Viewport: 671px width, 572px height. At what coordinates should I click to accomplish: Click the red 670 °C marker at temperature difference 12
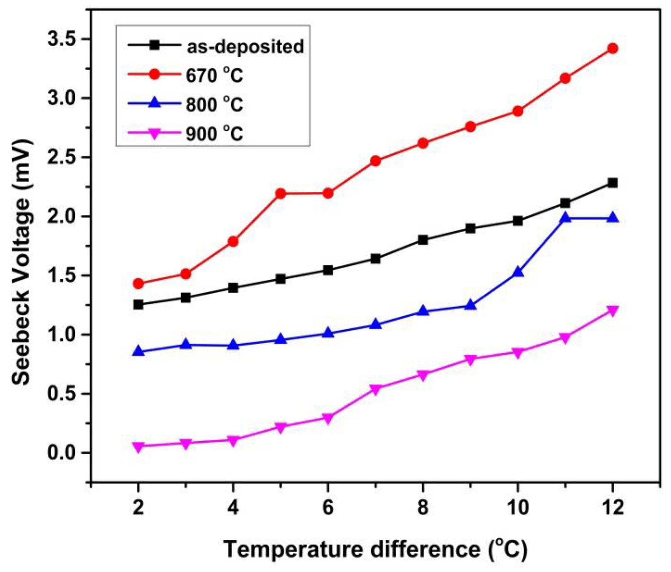(x=612, y=49)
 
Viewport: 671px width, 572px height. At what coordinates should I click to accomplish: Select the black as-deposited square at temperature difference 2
(x=138, y=305)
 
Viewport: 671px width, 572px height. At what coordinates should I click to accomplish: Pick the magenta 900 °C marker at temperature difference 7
(x=375, y=389)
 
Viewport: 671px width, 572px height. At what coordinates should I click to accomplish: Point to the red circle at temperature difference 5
(x=280, y=193)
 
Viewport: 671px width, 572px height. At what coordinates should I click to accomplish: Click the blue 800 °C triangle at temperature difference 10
(x=518, y=272)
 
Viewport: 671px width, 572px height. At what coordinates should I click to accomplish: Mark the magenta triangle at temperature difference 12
(x=612, y=311)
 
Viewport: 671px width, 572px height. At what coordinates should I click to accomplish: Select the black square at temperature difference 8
(x=423, y=240)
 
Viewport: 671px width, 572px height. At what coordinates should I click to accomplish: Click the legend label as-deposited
(x=245, y=47)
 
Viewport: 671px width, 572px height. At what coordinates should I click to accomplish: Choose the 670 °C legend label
(x=214, y=75)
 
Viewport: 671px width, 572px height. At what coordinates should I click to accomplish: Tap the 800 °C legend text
(x=214, y=105)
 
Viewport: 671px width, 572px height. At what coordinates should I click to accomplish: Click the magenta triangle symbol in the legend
(x=155, y=133)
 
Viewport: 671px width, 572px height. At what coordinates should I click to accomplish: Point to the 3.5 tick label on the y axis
(x=61, y=39)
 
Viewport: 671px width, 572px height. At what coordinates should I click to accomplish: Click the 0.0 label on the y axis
(x=61, y=453)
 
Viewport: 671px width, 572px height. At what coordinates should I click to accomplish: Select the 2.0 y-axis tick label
(x=61, y=217)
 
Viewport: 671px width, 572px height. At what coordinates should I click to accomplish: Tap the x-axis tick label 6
(x=328, y=508)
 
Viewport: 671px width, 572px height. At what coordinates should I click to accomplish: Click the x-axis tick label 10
(x=518, y=508)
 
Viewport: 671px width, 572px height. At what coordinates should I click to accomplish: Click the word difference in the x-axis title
(x=425, y=549)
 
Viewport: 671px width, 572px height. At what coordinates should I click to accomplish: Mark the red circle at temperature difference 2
(x=138, y=283)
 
